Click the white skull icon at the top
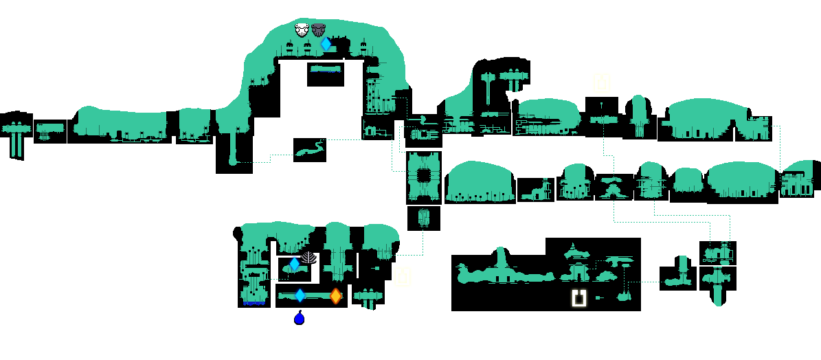click(x=302, y=30)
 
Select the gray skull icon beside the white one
click(x=318, y=30)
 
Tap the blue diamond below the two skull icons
click(x=326, y=44)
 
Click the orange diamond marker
click(x=335, y=296)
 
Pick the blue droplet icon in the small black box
click(x=299, y=318)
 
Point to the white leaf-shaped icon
click(x=309, y=258)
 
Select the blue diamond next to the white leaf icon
click(x=294, y=264)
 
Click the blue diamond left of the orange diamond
click(x=300, y=295)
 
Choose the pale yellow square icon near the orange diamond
click(x=403, y=277)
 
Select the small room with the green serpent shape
click(x=310, y=150)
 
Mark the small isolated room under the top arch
click(x=325, y=74)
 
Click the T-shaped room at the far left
click(x=15, y=134)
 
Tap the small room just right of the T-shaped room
click(x=49, y=131)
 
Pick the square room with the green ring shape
click(x=423, y=177)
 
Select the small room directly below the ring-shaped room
click(x=423, y=218)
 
